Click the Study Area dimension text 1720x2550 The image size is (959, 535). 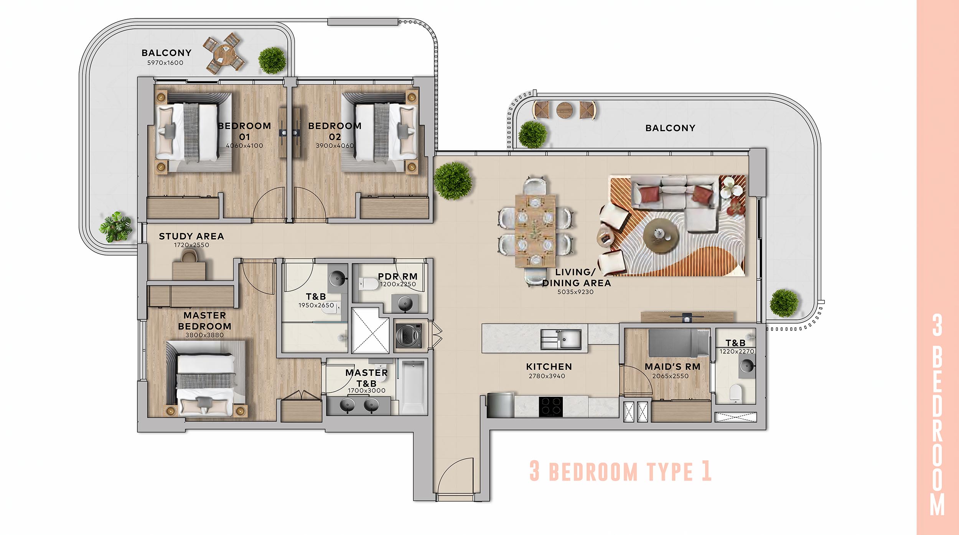coord(191,245)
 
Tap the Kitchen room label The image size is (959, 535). coord(549,367)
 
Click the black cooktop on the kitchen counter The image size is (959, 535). coord(551,407)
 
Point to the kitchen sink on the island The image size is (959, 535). coord(560,339)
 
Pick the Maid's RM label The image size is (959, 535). coord(672,367)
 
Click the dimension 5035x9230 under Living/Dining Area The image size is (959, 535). coord(575,292)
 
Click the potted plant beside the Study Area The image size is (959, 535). coord(115,227)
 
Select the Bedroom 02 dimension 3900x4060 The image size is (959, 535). coord(335,146)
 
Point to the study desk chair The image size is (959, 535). coord(189,256)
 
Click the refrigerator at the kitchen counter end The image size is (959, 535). coord(500,405)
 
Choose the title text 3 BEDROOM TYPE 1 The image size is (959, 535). coord(621,471)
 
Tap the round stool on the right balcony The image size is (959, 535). coord(565,110)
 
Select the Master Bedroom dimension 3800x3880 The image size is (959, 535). coord(204,335)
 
